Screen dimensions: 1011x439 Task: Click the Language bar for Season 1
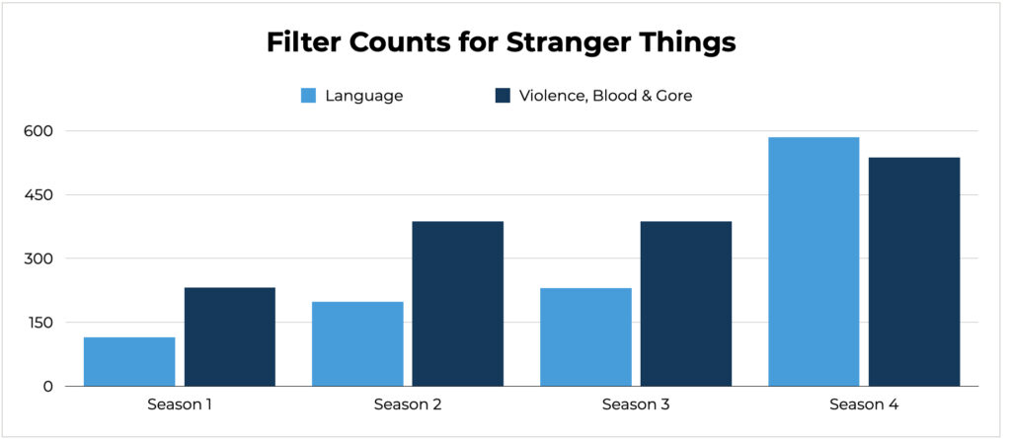coord(129,362)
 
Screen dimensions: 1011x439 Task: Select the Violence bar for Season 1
coord(229,336)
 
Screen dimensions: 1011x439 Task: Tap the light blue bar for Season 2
coord(357,343)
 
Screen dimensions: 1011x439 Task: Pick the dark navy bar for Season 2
coord(458,304)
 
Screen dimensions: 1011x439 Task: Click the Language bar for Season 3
coord(585,337)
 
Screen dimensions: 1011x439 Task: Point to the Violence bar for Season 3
coord(686,304)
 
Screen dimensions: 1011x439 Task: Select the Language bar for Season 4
coord(814,261)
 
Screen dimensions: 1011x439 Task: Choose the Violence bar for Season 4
coord(914,271)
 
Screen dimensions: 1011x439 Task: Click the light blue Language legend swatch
coord(309,96)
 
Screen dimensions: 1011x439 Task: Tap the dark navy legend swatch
coord(503,96)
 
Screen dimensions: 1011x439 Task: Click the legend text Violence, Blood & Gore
coord(606,97)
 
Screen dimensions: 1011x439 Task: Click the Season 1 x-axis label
coord(180,404)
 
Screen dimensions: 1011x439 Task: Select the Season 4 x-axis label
coord(864,404)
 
